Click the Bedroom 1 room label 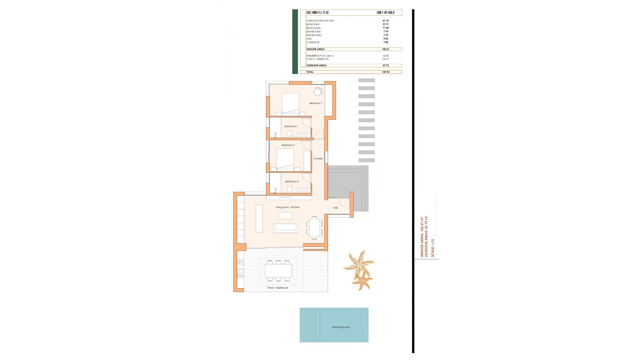[x=316, y=103]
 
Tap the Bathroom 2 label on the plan [x=292, y=182]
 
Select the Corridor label [x=318, y=159]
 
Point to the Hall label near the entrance [x=335, y=208]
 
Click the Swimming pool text [x=341, y=327]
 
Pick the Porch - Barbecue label [x=277, y=288]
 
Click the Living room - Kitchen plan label [x=287, y=207]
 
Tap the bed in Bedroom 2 [x=285, y=159]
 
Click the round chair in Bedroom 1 [x=318, y=92]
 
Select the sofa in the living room [x=285, y=228]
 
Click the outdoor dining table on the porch [x=278, y=270]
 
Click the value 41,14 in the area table [x=385, y=21]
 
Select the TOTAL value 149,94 [x=385, y=72]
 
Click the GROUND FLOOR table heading [x=317, y=13]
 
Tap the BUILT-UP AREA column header [x=385, y=13]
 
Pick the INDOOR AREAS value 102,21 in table [x=385, y=49]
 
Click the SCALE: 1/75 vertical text [x=433, y=248]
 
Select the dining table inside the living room [x=314, y=228]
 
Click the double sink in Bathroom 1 [x=304, y=135]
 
